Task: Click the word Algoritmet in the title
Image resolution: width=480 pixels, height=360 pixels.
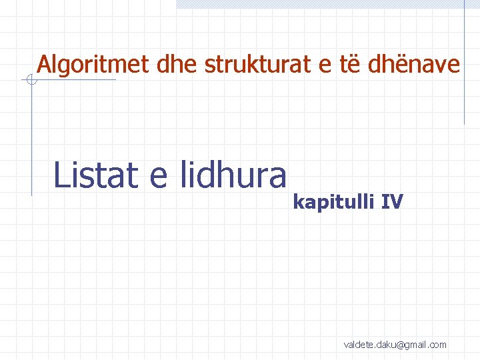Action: tap(95, 65)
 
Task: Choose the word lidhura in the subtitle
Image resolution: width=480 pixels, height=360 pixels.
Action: tap(233, 175)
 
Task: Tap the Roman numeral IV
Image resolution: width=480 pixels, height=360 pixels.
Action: tap(392, 201)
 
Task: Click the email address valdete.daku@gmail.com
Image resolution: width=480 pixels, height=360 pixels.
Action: tap(395, 345)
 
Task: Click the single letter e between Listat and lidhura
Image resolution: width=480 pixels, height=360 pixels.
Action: tap(158, 178)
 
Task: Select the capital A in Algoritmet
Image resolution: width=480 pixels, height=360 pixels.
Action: tap(45, 65)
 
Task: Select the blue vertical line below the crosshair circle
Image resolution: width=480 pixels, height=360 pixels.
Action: tap(31, 140)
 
